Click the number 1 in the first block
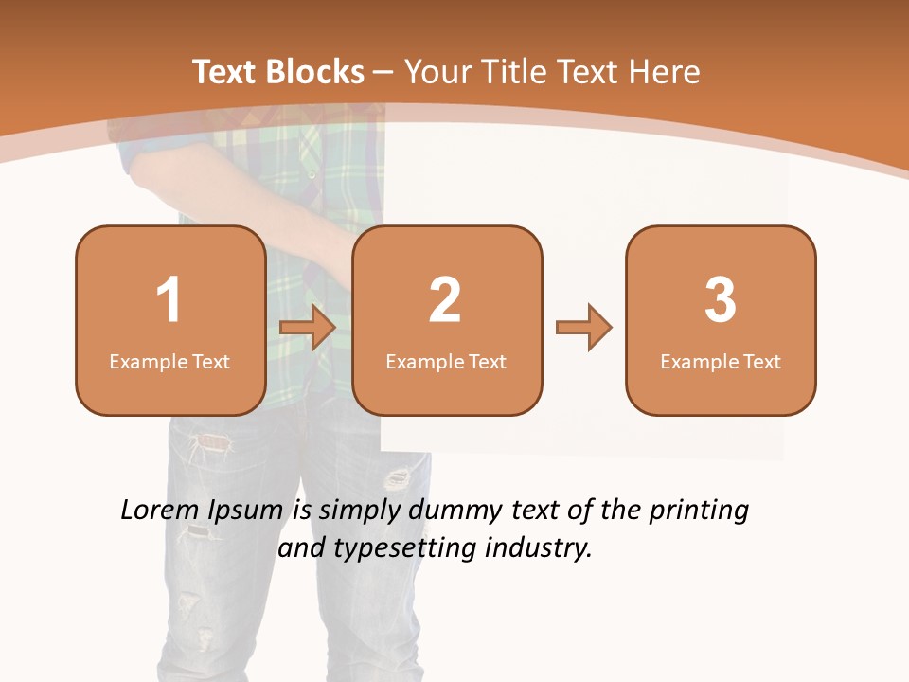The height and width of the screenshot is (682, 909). pos(169,300)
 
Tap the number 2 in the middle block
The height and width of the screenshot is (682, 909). pos(445,300)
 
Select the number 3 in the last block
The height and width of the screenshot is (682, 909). pos(721,300)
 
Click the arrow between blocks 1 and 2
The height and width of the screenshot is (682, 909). pos(308,329)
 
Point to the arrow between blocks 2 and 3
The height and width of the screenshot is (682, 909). pos(583,329)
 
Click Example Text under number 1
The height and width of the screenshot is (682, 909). pos(169,362)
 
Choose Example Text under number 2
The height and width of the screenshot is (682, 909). pos(446,362)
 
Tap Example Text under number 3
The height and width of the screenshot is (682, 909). pos(721,362)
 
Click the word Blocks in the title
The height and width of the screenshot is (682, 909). pos(314,72)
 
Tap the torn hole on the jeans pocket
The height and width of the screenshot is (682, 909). pos(214,442)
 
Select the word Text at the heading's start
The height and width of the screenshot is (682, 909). pos(225,72)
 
